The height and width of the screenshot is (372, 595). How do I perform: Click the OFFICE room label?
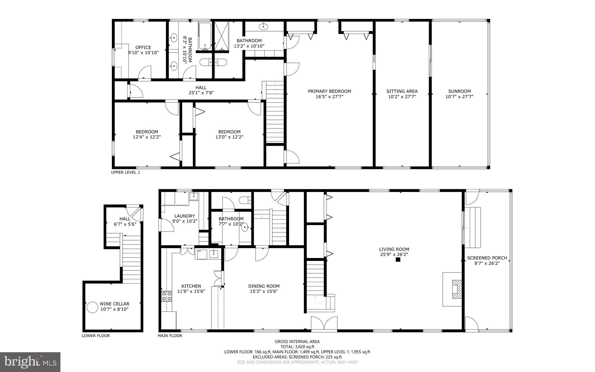[x=143, y=47]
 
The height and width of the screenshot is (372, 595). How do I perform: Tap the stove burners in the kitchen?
[x=166, y=296]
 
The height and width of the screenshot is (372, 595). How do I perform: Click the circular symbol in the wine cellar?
[x=92, y=307]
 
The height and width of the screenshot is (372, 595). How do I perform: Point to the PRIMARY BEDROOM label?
[x=329, y=91]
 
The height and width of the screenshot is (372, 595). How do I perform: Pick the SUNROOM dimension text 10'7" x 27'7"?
[x=459, y=97]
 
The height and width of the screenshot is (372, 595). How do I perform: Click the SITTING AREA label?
[x=402, y=91]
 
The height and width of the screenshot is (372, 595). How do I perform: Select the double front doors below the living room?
[x=324, y=323]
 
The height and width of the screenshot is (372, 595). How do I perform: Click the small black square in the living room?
[x=398, y=260]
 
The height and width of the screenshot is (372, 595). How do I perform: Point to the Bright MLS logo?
[x=30, y=362]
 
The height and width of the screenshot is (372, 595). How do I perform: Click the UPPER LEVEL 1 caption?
[x=126, y=172]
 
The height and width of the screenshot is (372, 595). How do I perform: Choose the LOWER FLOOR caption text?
[x=96, y=336]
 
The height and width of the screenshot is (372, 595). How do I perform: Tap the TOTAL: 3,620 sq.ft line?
[x=297, y=347]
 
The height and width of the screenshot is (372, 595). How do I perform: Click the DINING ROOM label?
[x=264, y=286]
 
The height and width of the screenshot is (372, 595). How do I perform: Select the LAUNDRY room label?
[x=184, y=216]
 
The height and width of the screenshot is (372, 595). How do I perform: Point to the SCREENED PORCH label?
[x=487, y=258]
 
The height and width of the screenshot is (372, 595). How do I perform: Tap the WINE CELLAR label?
[x=114, y=304]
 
